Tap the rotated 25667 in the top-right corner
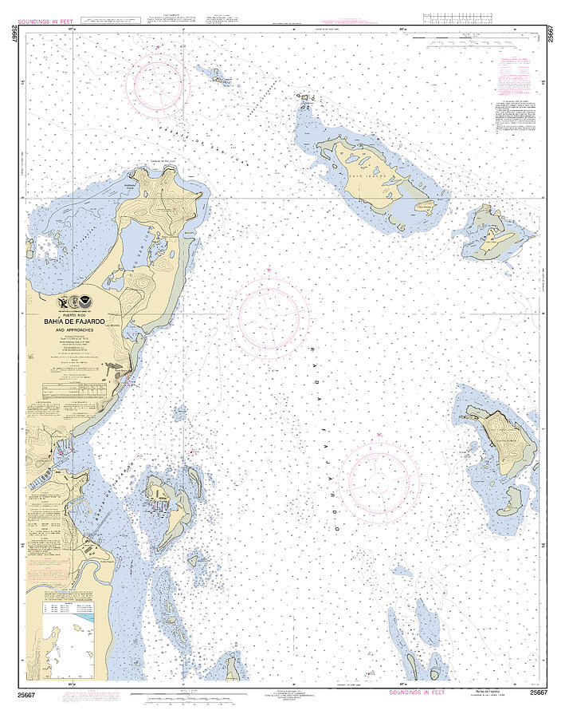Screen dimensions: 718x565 tap(551, 37)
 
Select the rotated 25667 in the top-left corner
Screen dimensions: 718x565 tap(14, 37)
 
